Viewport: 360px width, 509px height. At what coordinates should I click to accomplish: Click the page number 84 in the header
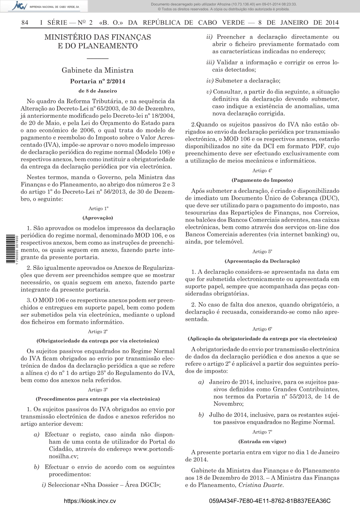tap(25, 23)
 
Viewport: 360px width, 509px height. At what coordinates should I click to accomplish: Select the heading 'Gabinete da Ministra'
tap(98, 70)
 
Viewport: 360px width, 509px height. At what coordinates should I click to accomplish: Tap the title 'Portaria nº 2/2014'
tap(98, 81)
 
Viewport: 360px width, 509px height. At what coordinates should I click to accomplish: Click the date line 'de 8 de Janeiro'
tap(98, 91)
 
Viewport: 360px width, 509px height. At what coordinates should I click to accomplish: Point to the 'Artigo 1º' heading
tap(98, 209)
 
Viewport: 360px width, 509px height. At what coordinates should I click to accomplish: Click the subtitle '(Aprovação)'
tap(98, 218)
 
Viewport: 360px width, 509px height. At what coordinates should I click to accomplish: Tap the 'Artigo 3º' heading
tap(98, 390)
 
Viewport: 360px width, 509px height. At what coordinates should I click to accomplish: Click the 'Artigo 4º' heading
tap(262, 171)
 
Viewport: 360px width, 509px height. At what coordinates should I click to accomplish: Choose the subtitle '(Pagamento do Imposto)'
tap(262, 180)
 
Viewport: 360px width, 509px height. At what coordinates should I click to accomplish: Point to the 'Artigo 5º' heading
tap(262, 252)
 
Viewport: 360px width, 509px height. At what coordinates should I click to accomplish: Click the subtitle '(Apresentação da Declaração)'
tap(262, 261)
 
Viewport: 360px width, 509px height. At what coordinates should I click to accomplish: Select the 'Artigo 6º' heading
tap(262, 329)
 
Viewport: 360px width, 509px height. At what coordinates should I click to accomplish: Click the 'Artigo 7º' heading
tap(262, 432)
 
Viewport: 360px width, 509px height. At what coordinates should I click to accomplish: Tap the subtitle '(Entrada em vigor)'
tap(262, 441)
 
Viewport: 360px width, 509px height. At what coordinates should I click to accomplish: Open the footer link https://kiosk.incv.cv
tap(90, 501)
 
